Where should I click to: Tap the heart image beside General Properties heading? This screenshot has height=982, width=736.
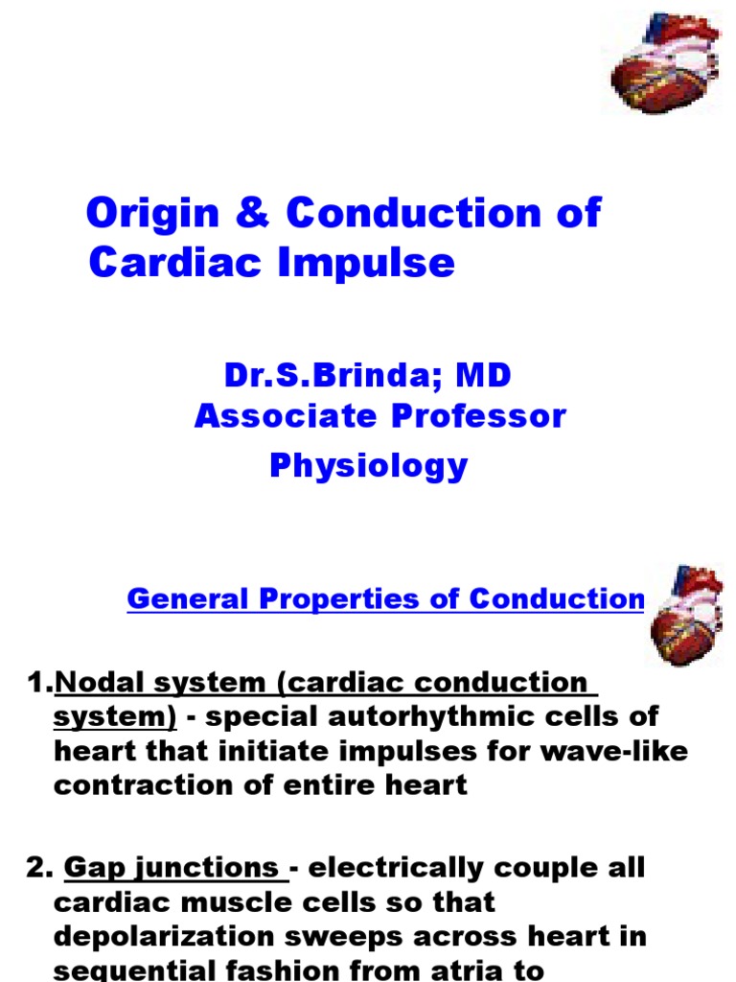686,615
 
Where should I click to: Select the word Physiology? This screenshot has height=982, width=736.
368,465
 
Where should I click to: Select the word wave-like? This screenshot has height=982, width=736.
614,751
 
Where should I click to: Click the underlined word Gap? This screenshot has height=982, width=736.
90,868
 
